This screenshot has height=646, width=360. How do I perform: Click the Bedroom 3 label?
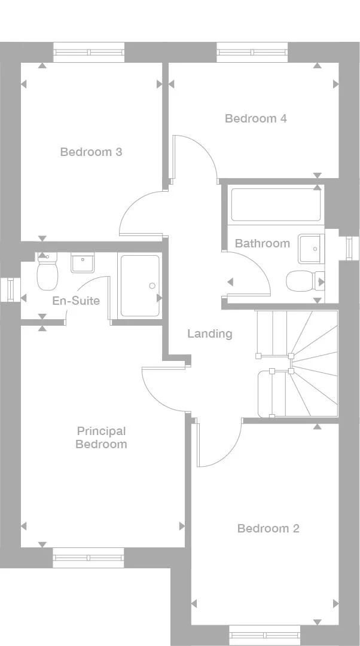pyautogui.click(x=91, y=152)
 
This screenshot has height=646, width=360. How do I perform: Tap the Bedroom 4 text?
pyautogui.click(x=255, y=118)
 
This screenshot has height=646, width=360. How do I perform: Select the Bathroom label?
pyautogui.click(x=262, y=243)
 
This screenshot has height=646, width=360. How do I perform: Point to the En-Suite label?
pyautogui.click(x=76, y=301)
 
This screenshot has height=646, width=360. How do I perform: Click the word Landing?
pyautogui.click(x=209, y=333)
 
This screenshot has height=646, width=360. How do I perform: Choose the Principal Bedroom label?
pyautogui.click(x=101, y=437)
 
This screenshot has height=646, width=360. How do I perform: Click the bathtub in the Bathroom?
pyautogui.click(x=276, y=205)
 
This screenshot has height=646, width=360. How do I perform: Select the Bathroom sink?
pyautogui.click(x=310, y=248)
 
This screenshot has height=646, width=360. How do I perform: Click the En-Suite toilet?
pyautogui.click(x=46, y=272)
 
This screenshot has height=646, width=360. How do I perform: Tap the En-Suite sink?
pyautogui.click(x=83, y=262)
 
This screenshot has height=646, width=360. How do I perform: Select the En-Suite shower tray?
pyautogui.click(x=140, y=286)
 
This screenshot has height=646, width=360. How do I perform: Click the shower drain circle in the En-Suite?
pyautogui.click(x=152, y=286)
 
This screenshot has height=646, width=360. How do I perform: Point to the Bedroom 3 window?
pyautogui.click(x=89, y=52)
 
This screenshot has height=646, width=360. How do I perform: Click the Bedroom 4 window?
pyautogui.click(x=252, y=52)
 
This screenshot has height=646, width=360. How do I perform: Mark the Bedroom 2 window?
pyautogui.click(x=264, y=635)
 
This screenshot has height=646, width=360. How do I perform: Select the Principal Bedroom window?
pyautogui.click(x=89, y=558)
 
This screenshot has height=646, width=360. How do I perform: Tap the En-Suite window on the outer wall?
pyautogui.click(x=10, y=290)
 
